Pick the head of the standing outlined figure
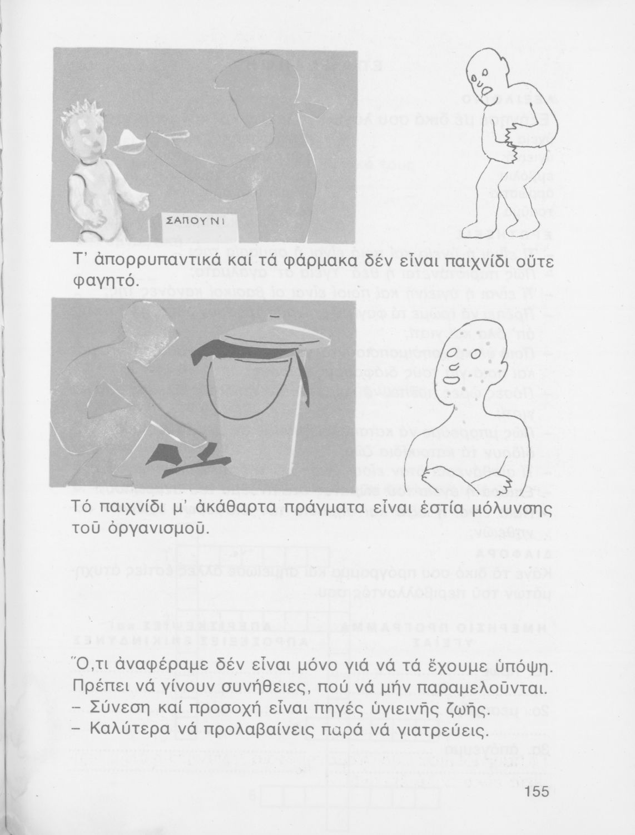point(484,75)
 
